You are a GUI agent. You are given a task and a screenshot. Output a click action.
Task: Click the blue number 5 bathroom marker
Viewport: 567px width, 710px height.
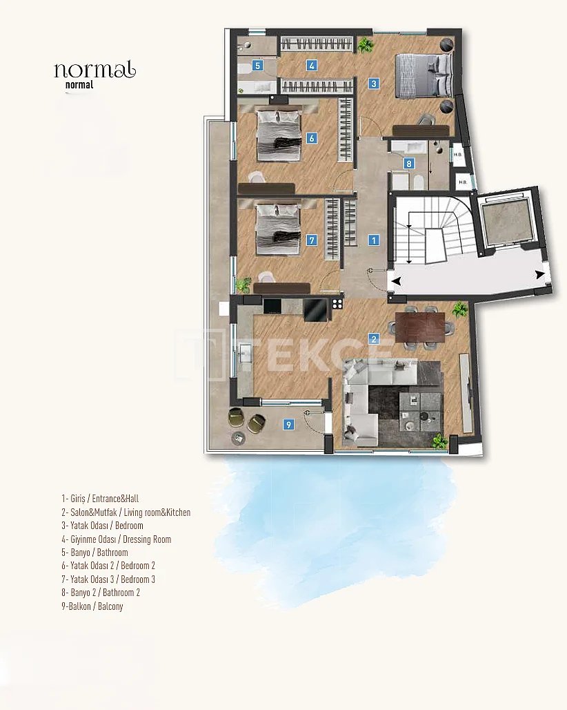(x=258, y=66)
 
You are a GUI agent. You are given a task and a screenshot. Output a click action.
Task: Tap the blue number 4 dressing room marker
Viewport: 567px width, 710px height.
(x=312, y=66)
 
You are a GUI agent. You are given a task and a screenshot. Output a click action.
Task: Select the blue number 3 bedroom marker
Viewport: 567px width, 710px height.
(x=373, y=84)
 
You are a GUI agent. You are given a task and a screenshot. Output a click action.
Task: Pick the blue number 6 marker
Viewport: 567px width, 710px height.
(x=312, y=138)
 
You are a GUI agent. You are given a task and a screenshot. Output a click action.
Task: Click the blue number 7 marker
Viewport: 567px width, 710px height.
(x=312, y=240)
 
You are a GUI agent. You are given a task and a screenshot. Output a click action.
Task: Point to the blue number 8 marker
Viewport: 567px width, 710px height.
(x=409, y=164)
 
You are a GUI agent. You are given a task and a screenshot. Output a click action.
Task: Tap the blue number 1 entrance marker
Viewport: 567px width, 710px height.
(x=373, y=240)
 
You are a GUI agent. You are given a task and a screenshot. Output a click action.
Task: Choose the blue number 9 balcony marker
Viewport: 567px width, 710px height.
(x=288, y=425)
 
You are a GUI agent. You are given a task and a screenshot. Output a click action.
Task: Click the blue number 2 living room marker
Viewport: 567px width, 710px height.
(x=373, y=338)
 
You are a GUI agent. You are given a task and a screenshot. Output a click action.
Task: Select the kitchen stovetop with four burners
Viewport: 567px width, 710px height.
(x=337, y=303)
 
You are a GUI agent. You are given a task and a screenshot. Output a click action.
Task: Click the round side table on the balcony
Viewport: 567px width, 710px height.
(x=238, y=437)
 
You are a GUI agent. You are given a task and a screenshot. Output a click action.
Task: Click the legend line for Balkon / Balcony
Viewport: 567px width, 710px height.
(x=92, y=606)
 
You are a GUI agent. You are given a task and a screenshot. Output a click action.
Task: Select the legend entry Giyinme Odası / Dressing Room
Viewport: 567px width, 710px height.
(x=116, y=539)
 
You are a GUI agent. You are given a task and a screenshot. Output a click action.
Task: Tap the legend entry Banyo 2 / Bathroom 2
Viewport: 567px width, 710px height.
(x=101, y=593)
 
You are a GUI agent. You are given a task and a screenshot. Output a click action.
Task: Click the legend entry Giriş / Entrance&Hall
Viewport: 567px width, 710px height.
(x=100, y=499)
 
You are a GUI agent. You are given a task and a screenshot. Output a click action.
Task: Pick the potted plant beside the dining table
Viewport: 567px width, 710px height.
(x=460, y=309)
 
